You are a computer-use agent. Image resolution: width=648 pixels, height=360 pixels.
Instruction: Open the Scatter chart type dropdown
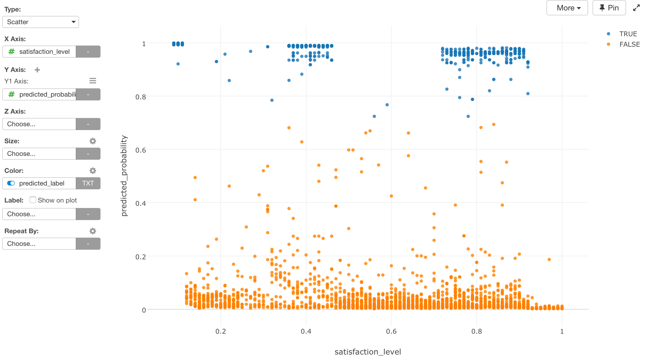pyautogui.click(x=41, y=22)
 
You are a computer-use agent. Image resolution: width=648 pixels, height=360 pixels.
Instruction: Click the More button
pyautogui.click(x=567, y=8)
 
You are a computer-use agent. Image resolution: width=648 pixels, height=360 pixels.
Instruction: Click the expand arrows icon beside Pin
pyautogui.click(x=636, y=8)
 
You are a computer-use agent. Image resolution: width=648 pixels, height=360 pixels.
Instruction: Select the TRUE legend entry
pyautogui.click(x=628, y=34)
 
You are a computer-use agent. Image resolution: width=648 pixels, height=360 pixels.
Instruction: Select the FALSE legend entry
pyautogui.click(x=629, y=44)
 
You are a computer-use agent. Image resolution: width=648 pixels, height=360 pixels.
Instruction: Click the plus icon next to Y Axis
pyautogui.click(x=37, y=70)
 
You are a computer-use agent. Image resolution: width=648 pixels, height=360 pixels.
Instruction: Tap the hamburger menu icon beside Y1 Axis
pyautogui.click(x=93, y=81)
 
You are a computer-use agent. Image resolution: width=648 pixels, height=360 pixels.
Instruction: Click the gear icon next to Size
pyautogui.click(x=93, y=141)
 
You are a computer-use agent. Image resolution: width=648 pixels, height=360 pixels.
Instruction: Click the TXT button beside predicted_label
pyautogui.click(x=88, y=183)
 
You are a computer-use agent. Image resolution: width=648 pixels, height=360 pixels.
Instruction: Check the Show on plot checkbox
pyautogui.click(x=33, y=200)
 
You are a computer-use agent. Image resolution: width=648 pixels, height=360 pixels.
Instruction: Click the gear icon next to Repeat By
pyautogui.click(x=93, y=231)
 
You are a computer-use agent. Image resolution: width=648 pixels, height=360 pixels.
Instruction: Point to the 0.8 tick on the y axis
pyautogui.click(x=141, y=97)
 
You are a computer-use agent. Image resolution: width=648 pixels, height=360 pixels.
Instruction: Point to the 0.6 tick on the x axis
pyautogui.click(x=391, y=331)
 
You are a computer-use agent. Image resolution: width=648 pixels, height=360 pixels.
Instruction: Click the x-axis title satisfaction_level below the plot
pyautogui.click(x=368, y=352)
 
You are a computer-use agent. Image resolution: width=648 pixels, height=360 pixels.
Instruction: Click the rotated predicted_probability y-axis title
pyautogui.click(x=124, y=176)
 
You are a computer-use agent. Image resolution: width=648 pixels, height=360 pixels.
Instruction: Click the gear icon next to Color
pyautogui.click(x=93, y=171)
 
